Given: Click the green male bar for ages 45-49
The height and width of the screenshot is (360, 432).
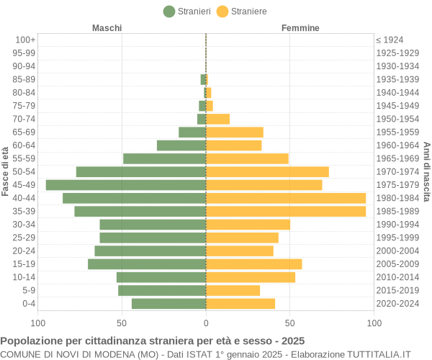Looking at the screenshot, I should (126, 185).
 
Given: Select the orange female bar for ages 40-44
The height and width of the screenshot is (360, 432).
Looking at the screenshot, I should (286, 198).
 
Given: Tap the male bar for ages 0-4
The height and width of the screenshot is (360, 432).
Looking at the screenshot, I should (168, 304).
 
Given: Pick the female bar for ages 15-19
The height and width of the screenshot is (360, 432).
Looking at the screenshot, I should (253, 264).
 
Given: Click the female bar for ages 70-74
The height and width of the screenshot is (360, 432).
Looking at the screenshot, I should (217, 119).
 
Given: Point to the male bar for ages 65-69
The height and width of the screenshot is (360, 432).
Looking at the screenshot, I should (192, 132).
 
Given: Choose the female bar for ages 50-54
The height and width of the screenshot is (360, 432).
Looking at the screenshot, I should (267, 172).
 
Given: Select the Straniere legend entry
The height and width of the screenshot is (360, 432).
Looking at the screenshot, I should (242, 12).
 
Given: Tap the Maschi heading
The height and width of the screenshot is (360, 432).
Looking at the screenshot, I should (107, 28).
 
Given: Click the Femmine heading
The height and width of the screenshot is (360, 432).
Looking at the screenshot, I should (300, 28).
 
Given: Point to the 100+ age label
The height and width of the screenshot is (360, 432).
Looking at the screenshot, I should (25, 40).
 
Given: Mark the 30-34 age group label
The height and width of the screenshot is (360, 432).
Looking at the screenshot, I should (24, 225).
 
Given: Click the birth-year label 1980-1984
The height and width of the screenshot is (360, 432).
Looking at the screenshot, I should (397, 198).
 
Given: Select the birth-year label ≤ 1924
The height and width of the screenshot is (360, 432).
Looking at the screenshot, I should (390, 40).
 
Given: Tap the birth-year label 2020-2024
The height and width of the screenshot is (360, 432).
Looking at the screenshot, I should (397, 304).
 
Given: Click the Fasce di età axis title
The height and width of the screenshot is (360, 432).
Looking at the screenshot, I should (6, 171).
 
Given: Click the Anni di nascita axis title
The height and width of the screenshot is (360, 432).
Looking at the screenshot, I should (426, 171).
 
